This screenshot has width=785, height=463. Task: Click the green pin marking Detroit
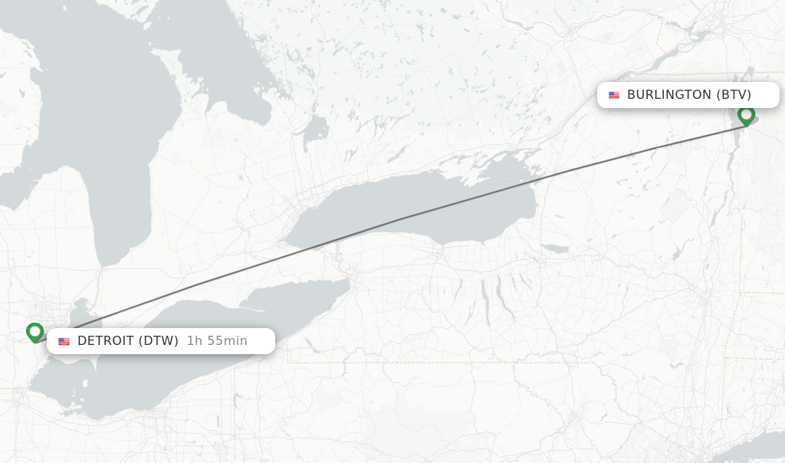(34, 332)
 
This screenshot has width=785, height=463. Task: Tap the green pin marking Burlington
(746, 116)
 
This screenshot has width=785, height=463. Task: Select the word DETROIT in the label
(106, 340)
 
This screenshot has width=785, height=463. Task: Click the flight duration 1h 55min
(217, 340)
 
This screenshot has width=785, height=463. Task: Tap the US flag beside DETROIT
(64, 341)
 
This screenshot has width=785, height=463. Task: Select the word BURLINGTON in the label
(669, 95)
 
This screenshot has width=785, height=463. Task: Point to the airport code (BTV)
(734, 95)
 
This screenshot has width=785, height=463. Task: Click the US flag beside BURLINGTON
(614, 95)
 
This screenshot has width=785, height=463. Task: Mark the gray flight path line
(399, 222)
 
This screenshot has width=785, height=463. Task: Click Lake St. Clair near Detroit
(77, 314)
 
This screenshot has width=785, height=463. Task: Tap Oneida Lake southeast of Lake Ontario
(555, 248)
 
